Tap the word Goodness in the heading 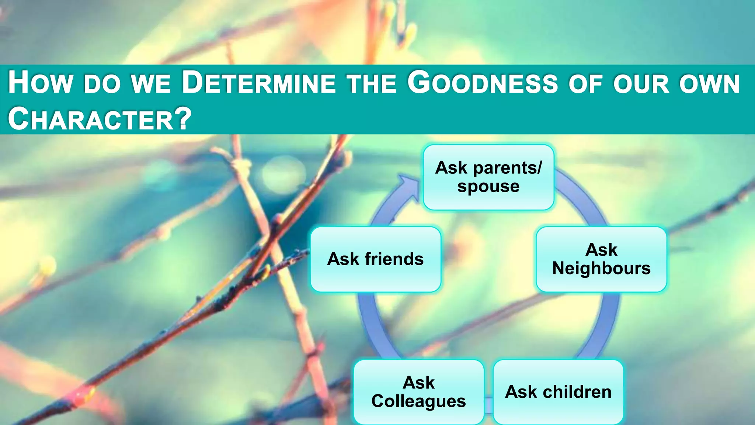tap(483, 83)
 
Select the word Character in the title tap(91, 119)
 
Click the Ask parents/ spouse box tap(488, 177)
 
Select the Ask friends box tap(375, 259)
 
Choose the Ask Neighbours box tap(601, 259)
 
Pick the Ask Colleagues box tap(418, 392)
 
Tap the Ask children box tap(558, 392)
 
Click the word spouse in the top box tap(488, 186)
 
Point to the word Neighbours tap(601, 268)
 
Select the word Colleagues tap(418, 401)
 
